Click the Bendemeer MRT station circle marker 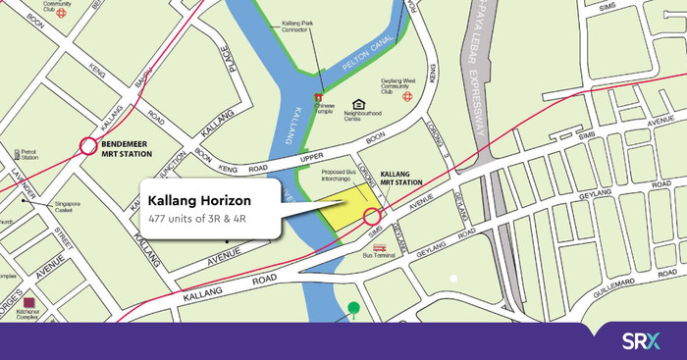[87, 147]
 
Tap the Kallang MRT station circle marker [372, 217]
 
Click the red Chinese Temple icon [317, 98]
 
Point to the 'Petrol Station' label [22, 156]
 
